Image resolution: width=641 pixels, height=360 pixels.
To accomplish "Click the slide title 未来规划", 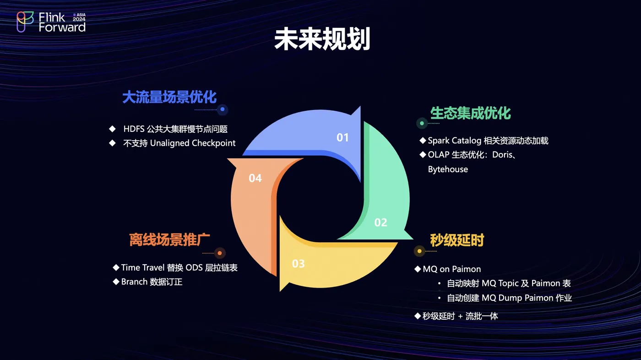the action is (322, 39).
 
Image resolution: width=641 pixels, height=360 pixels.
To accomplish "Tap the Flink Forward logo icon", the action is (25, 22).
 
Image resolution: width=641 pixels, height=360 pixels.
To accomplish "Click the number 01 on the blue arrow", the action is (342, 138).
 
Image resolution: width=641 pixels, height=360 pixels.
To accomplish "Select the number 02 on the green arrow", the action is (380, 222).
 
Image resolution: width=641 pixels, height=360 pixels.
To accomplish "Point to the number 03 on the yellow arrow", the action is (298, 263).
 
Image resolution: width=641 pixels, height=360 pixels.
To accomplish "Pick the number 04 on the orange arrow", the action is (255, 178).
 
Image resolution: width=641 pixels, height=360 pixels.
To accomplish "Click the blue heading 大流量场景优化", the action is (169, 97).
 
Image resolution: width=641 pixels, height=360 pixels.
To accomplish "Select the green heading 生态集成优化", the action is (471, 113).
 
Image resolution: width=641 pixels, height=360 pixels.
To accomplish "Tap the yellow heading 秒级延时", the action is (457, 240).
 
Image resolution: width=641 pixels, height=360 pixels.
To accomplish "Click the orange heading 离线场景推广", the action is (169, 240).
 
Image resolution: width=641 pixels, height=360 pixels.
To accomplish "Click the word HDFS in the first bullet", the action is (134, 129).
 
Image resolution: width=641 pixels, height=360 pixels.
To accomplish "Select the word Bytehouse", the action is (448, 169).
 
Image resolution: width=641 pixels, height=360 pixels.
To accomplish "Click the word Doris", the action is (502, 155).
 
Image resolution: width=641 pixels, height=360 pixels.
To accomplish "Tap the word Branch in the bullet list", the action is (134, 282).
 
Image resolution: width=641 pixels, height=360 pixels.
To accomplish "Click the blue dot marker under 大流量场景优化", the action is (223, 109).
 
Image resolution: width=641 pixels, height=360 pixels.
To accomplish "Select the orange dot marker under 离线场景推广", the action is (220, 253).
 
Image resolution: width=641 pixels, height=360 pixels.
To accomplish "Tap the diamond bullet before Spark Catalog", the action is (423, 140).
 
